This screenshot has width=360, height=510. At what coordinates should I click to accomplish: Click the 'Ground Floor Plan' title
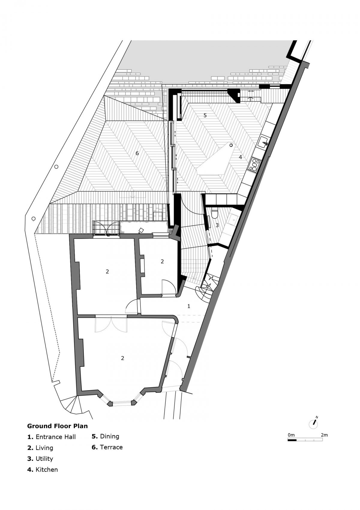tap(57, 426)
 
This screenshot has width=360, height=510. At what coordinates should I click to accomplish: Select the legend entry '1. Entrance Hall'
tap(51, 437)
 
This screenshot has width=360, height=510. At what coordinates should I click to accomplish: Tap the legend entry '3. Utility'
tap(40, 459)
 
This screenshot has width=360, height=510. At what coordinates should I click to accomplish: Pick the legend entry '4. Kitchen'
tap(42, 469)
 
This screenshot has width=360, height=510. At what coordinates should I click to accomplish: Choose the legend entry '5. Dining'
tap(105, 436)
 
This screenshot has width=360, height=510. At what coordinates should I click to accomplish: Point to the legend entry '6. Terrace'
tap(107, 447)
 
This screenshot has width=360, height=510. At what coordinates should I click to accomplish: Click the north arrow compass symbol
tap(314, 423)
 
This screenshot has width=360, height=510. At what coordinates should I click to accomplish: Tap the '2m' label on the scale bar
tap(324, 435)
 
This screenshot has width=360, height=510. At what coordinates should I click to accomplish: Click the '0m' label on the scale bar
tap(291, 435)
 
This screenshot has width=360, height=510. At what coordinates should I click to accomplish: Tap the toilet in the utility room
tap(214, 214)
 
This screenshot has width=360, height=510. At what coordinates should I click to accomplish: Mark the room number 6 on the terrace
tap(137, 153)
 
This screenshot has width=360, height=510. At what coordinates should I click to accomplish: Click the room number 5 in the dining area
tap(205, 115)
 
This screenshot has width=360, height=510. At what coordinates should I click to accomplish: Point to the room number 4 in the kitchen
tap(240, 157)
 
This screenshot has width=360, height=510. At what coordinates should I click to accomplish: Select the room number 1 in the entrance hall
tap(189, 306)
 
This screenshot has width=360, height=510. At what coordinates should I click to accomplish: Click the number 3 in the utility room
tap(217, 225)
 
